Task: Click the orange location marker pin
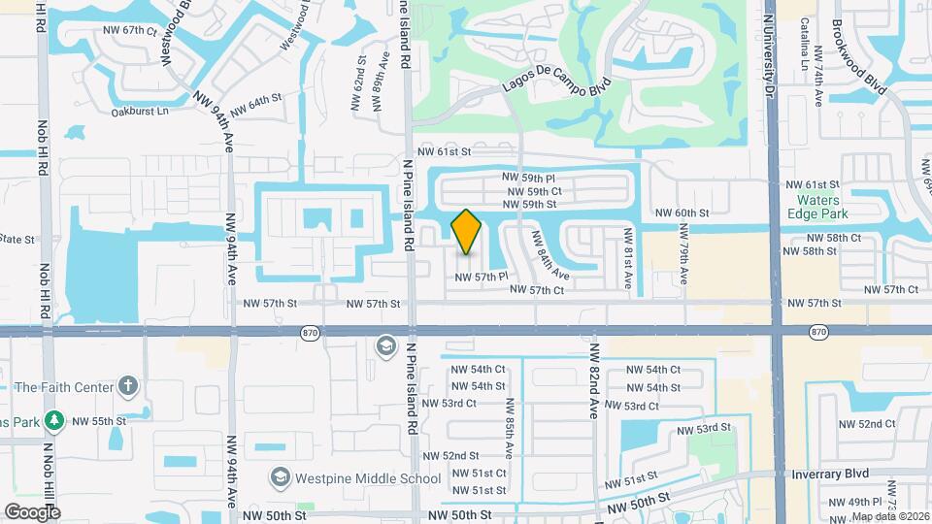click(x=466, y=232)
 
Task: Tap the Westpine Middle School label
click(x=369, y=477)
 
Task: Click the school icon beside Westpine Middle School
click(x=281, y=477)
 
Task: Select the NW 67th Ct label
click(x=128, y=30)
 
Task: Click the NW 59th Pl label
click(x=528, y=178)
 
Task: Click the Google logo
click(x=32, y=511)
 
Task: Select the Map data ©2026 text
click(x=888, y=516)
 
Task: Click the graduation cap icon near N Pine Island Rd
click(x=385, y=346)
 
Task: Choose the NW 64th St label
click(x=250, y=101)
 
